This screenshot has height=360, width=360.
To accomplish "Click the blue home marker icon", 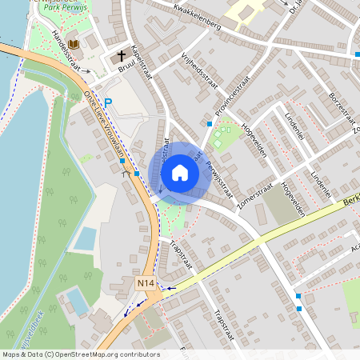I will point(180,172).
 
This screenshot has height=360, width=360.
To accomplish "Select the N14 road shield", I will point(145,283).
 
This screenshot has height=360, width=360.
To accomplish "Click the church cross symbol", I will point(122,56).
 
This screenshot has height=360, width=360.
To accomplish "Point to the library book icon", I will point(74,43).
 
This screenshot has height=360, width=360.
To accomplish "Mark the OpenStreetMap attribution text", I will point(80,354).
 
